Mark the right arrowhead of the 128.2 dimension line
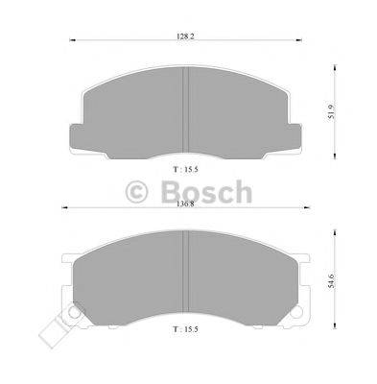296,40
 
